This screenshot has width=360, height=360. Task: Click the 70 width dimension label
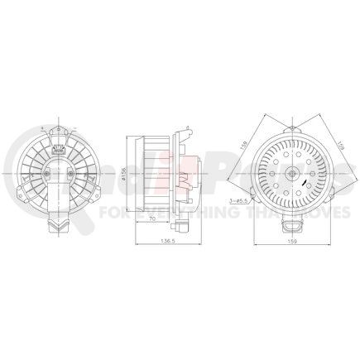155,219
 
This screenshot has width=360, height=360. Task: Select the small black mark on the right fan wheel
305,187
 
